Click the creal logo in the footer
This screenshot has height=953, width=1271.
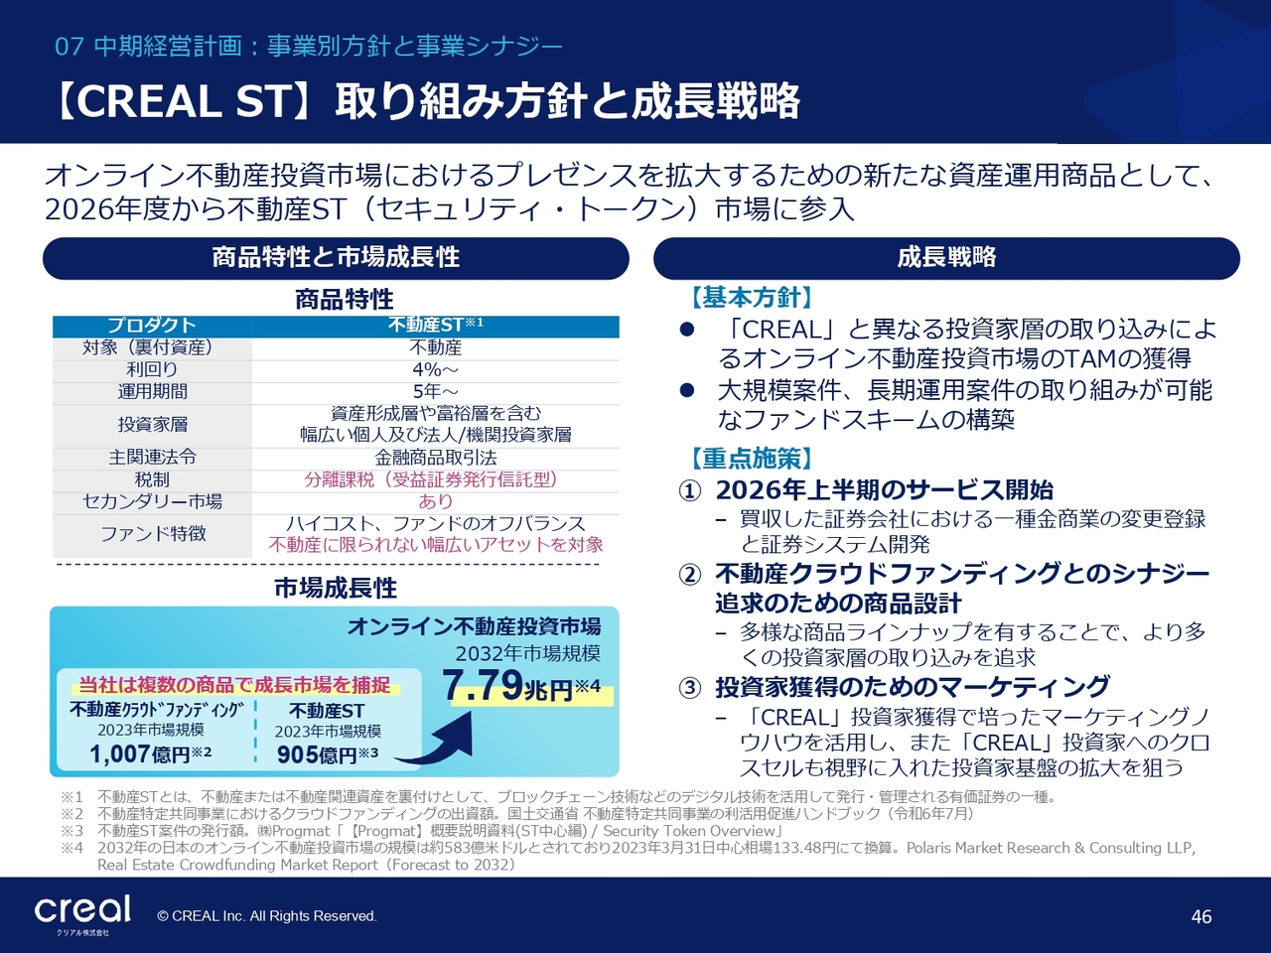[x=82, y=912]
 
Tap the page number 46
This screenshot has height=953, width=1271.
[x=1201, y=916]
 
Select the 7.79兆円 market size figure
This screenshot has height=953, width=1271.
[x=521, y=686]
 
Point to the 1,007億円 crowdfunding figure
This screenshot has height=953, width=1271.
[x=151, y=753]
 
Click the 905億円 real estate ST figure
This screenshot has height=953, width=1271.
[x=328, y=754]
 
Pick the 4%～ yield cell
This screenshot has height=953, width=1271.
[x=436, y=369]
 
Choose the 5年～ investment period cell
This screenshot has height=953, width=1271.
[x=436, y=391]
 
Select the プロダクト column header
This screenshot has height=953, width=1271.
[x=152, y=326]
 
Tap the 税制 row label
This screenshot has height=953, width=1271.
[x=152, y=479]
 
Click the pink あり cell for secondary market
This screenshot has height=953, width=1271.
[x=436, y=501]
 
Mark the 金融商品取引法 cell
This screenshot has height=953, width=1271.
[x=436, y=458]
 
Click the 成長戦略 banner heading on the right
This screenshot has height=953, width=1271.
[x=946, y=257]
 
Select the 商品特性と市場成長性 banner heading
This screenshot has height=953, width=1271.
[x=336, y=257]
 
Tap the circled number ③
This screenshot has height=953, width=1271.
[x=690, y=689]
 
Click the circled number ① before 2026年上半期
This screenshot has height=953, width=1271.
[x=690, y=491]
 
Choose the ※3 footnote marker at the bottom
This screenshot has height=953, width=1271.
[x=72, y=831]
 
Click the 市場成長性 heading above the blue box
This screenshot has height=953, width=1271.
[x=336, y=589]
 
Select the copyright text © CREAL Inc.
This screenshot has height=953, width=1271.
[x=267, y=916]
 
